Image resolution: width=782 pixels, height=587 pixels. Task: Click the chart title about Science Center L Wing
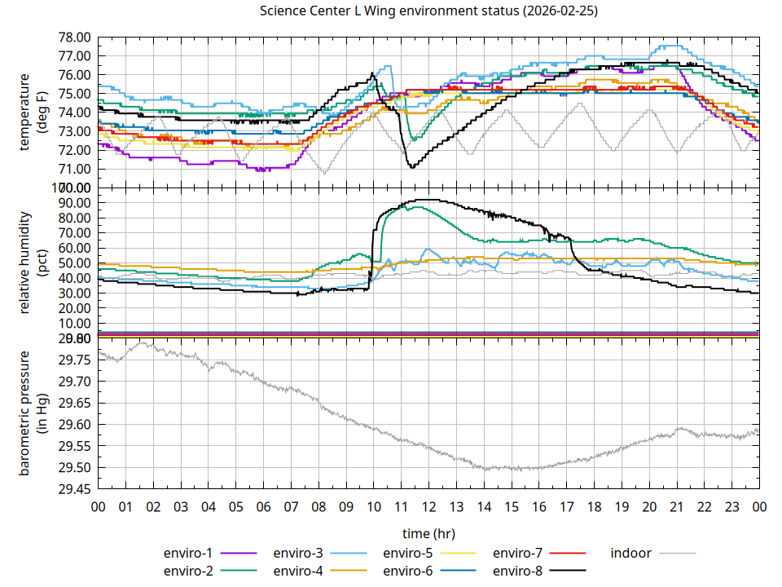(x=428, y=11)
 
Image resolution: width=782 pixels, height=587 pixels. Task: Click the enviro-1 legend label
(x=188, y=553)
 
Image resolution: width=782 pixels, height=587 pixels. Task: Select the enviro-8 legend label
(x=518, y=571)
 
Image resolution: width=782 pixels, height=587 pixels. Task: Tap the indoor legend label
(x=630, y=553)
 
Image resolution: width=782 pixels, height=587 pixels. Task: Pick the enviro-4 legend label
(x=298, y=571)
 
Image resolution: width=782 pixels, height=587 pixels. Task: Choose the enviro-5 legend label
(x=408, y=553)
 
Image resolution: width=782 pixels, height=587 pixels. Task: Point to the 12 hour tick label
(x=429, y=506)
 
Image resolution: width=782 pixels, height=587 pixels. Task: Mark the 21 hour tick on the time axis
(x=677, y=506)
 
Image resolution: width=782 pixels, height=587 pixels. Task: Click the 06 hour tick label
(x=264, y=506)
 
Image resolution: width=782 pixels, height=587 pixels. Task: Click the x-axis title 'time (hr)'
(x=428, y=533)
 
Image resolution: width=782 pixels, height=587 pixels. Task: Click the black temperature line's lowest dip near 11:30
(x=412, y=167)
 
